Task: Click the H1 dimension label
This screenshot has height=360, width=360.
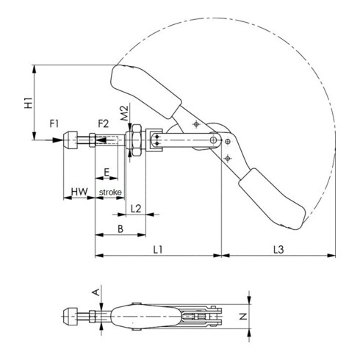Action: tap(26, 102)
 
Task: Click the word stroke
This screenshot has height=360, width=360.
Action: tap(110, 192)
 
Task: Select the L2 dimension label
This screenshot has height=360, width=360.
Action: tap(135, 209)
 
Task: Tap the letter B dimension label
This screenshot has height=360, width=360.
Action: tap(119, 230)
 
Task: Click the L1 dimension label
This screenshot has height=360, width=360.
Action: tap(157, 251)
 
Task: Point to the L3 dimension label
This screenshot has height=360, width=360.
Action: tap(278, 251)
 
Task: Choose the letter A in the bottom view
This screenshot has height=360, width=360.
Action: tap(93, 292)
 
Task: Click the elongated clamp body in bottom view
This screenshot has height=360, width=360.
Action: tap(147, 317)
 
